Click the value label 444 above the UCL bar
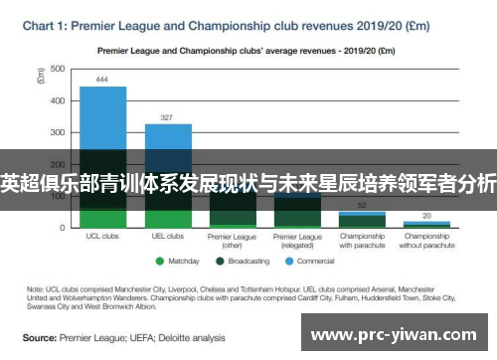(x=102, y=79)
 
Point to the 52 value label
(x=361, y=203)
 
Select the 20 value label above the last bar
(x=426, y=215)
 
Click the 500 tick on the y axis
(x=58, y=69)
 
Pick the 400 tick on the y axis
(x=58, y=100)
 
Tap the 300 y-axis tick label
(x=58, y=132)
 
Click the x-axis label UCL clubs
(x=102, y=237)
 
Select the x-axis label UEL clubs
(x=168, y=237)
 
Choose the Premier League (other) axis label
(x=233, y=241)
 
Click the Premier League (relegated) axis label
(x=297, y=241)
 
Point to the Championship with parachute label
(x=362, y=241)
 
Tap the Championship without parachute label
(x=426, y=241)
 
